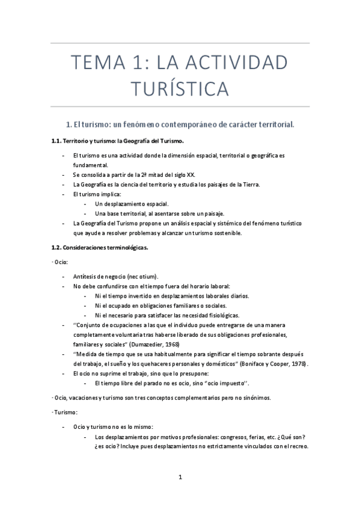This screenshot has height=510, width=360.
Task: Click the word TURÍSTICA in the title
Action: coord(180,88)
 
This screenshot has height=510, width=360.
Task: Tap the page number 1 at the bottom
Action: coord(180,478)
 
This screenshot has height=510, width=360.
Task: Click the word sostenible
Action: coord(225,233)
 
